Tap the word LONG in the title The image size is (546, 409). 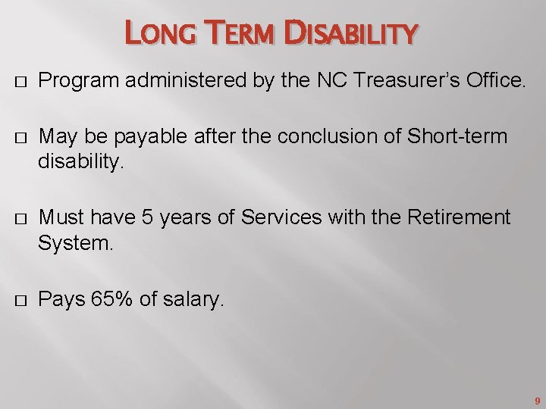click(x=156, y=34)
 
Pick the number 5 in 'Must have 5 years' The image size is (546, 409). click(x=147, y=218)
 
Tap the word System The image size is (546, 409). click(x=73, y=244)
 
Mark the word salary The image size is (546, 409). click(x=192, y=301)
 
